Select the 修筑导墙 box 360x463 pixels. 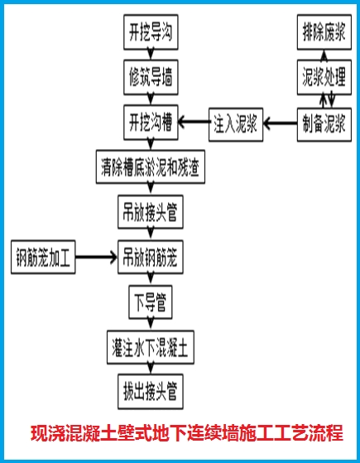pos(151,78)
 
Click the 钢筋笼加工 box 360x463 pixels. pos(43,258)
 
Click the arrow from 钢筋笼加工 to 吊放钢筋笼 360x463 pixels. pos(96,258)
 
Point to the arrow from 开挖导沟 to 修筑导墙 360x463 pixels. pos(151,56)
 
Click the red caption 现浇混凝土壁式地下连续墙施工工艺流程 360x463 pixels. pos(186,434)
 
